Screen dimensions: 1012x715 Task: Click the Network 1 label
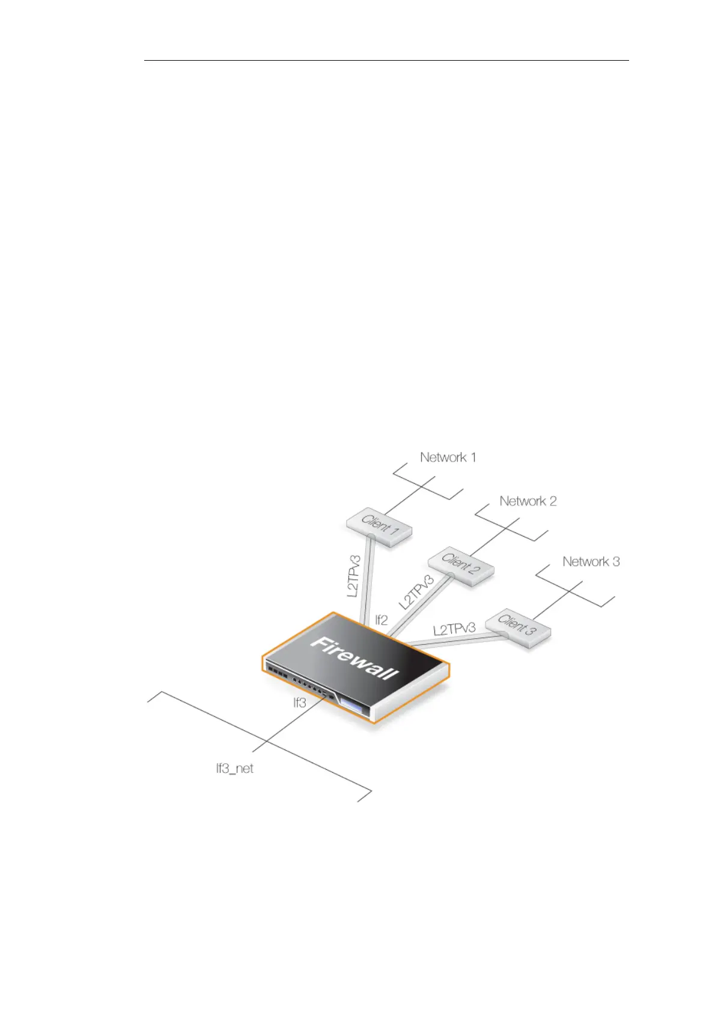tap(448, 457)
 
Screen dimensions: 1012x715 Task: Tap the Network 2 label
tap(528, 501)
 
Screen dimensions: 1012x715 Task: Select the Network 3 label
tap(591, 562)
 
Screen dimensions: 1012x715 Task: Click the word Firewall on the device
tap(354, 658)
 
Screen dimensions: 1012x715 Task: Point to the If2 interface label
tap(382, 620)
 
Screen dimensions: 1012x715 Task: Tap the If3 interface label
tap(299, 702)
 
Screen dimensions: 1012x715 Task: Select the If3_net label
tap(235, 768)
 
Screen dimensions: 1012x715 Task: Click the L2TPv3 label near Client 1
tap(354, 576)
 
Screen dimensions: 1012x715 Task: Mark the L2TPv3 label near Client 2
tap(416, 592)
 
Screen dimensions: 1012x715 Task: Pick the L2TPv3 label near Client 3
tap(454, 629)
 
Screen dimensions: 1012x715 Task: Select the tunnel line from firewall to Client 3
tap(457, 641)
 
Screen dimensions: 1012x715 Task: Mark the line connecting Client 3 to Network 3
tap(559, 599)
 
